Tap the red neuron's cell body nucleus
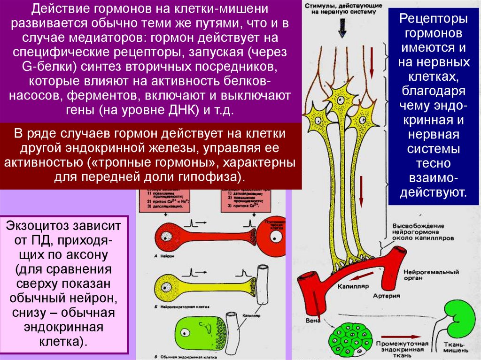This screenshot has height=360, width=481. click(x=167, y=233)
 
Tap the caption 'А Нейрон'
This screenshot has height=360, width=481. click(x=163, y=255)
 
